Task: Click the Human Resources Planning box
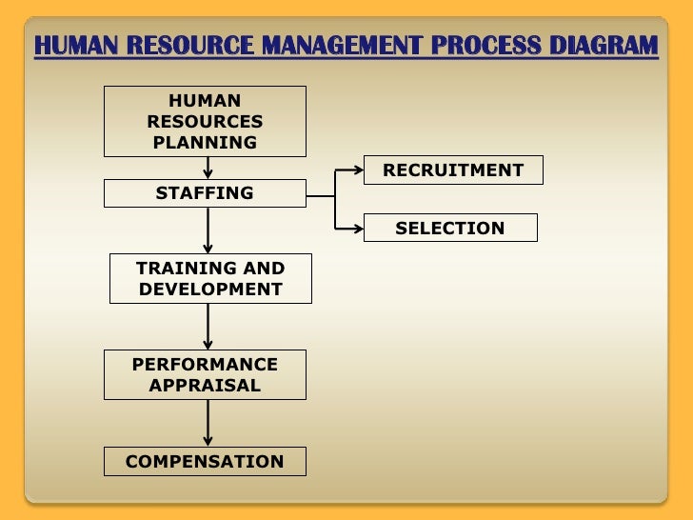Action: click(x=205, y=121)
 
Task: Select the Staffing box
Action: click(x=205, y=193)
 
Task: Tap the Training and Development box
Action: click(x=210, y=278)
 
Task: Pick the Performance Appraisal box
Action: click(x=205, y=374)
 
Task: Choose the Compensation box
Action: click(x=205, y=462)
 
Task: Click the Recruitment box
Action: click(x=453, y=170)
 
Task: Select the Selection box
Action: click(x=450, y=228)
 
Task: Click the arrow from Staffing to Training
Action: click(x=208, y=230)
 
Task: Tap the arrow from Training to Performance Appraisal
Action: click(x=208, y=326)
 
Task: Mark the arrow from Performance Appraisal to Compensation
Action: click(x=208, y=423)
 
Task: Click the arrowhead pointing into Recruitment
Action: click(x=358, y=170)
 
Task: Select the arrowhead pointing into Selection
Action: click(x=358, y=228)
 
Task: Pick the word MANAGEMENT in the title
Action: click(x=341, y=46)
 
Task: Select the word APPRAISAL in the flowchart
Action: click(x=205, y=385)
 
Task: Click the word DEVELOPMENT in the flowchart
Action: click(x=210, y=289)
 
